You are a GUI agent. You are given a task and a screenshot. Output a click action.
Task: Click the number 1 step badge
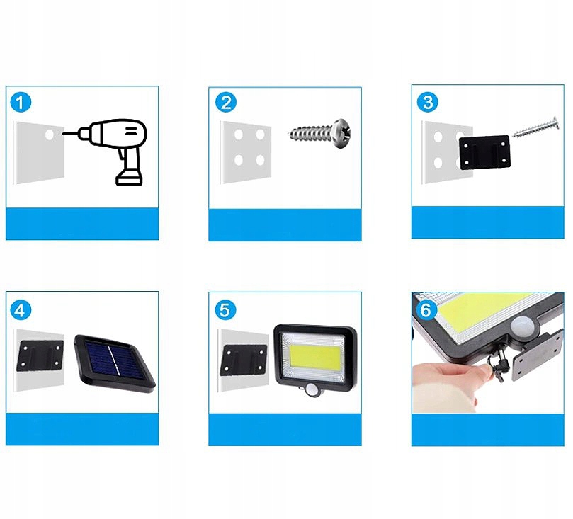(x=21, y=102)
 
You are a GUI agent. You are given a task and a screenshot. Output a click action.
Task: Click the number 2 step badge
(x=226, y=102)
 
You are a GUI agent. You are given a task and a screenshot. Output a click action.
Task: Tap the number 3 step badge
(x=428, y=102)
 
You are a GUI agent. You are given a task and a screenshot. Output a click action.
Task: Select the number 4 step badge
(x=21, y=310)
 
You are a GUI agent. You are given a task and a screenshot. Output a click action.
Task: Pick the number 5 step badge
(x=225, y=310)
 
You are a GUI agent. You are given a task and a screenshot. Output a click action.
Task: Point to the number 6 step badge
(x=426, y=310)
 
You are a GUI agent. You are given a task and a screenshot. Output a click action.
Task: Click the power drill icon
(x=110, y=152)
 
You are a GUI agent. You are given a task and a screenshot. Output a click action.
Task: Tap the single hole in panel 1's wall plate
(x=50, y=135)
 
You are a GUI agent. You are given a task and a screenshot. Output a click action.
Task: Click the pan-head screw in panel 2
(x=319, y=134)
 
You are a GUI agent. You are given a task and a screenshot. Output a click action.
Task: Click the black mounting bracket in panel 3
(x=484, y=152)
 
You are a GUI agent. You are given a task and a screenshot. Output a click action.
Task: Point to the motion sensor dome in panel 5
(x=312, y=390)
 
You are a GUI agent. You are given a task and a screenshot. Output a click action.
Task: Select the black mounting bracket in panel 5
(x=244, y=361)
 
